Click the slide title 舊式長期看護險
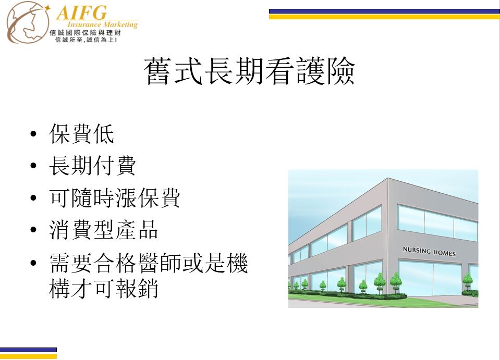click(249, 71)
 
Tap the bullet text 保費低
click(82, 134)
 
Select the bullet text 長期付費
click(92, 166)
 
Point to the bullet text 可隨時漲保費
click(115, 197)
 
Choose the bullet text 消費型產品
click(104, 230)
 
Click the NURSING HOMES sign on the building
click(429, 251)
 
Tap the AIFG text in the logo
click(82, 13)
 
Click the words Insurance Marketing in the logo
click(102, 25)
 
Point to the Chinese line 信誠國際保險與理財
click(85, 33)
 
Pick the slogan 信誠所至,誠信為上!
click(86, 40)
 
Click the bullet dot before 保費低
click(33, 134)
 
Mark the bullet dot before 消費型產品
click(33, 230)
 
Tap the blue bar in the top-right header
click(384, 11)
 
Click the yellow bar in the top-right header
click(384, 17)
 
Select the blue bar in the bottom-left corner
click(28, 350)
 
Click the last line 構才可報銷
click(104, 289)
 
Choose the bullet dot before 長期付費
click(33, 166)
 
